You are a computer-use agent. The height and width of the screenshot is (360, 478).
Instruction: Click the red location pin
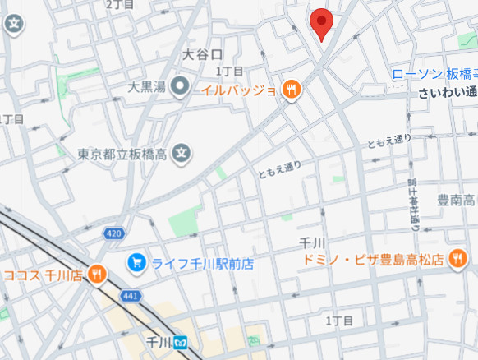[321, 24]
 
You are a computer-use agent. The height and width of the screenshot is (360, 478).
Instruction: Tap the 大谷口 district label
[202, 55]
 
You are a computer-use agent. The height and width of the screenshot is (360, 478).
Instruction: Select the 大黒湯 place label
[148, 86]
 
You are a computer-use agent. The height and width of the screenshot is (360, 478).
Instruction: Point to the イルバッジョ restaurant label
[239, 90]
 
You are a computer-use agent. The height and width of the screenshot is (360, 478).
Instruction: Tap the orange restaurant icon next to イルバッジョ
[291, 90]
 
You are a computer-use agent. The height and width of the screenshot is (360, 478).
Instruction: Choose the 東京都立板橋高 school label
[123, 154]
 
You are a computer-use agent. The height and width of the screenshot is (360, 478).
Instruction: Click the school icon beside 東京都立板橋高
[182, 153]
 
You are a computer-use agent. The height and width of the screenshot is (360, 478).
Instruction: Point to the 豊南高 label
[456, 200]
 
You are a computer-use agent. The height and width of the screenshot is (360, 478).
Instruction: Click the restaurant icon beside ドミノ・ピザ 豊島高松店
[457, 261]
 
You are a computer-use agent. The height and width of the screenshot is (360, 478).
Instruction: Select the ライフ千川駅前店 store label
[201, 264]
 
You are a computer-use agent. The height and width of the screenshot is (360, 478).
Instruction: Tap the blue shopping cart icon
[136, 263]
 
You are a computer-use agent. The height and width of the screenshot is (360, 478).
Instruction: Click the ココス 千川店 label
[41, 275]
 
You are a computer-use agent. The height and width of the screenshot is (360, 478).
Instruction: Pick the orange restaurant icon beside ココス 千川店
[97, 274]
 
